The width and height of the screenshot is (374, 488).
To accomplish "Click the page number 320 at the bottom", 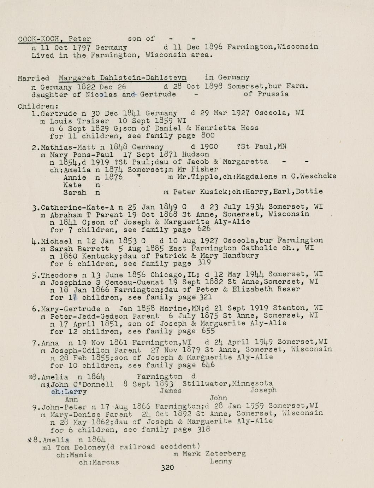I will coord(167,467).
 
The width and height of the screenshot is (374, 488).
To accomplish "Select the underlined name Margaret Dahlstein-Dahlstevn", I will coord(123,77).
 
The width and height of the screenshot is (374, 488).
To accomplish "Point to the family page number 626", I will coord(204,229).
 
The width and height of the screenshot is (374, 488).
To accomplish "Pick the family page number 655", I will coord(208,331).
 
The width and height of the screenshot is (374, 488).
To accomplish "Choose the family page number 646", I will coord(208,365).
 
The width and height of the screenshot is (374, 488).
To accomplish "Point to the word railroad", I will coord(136,447).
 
